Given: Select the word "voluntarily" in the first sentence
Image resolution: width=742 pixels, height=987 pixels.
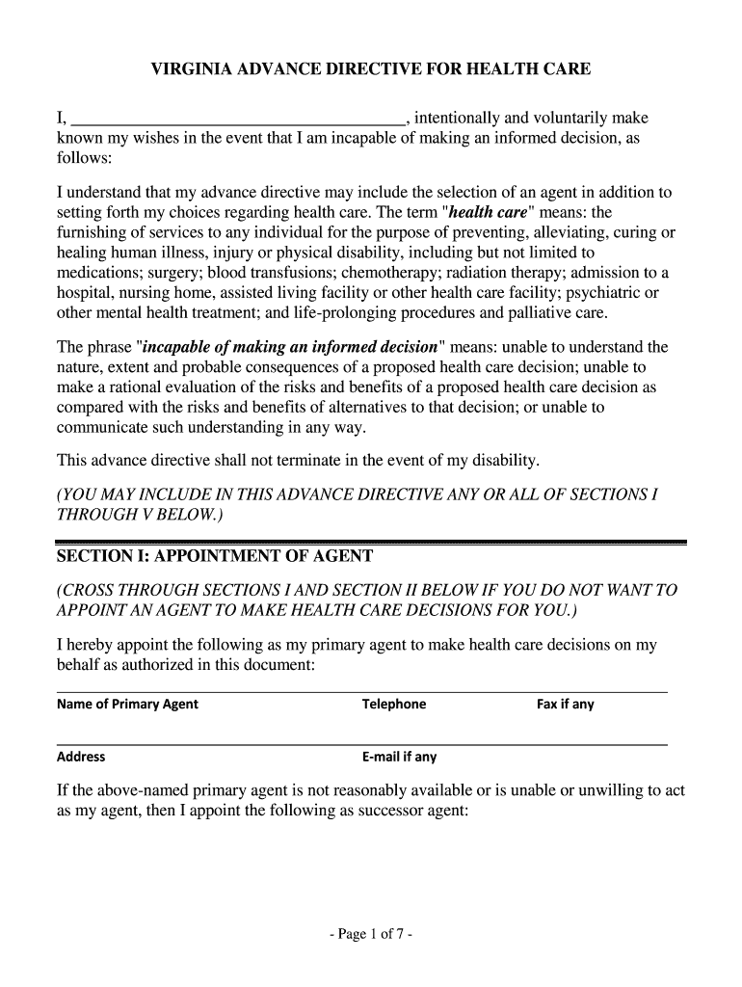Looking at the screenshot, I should (564, 119).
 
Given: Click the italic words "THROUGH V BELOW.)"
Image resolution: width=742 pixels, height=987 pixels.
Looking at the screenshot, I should (140, 515).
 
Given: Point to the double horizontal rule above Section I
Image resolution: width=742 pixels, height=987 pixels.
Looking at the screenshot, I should (371, 543).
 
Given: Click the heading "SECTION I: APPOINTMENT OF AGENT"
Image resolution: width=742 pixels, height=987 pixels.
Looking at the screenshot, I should (214, 558).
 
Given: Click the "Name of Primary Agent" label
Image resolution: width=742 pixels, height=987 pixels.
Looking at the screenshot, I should (127, 704).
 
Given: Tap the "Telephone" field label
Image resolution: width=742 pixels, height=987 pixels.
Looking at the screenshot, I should (393, 704).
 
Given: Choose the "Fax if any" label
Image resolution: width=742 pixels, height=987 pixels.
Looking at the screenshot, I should (565, 704).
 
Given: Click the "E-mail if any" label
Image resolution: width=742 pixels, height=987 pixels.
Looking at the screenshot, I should (399, 757).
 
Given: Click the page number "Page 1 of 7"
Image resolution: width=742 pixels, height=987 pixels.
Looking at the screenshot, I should (371, 934).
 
